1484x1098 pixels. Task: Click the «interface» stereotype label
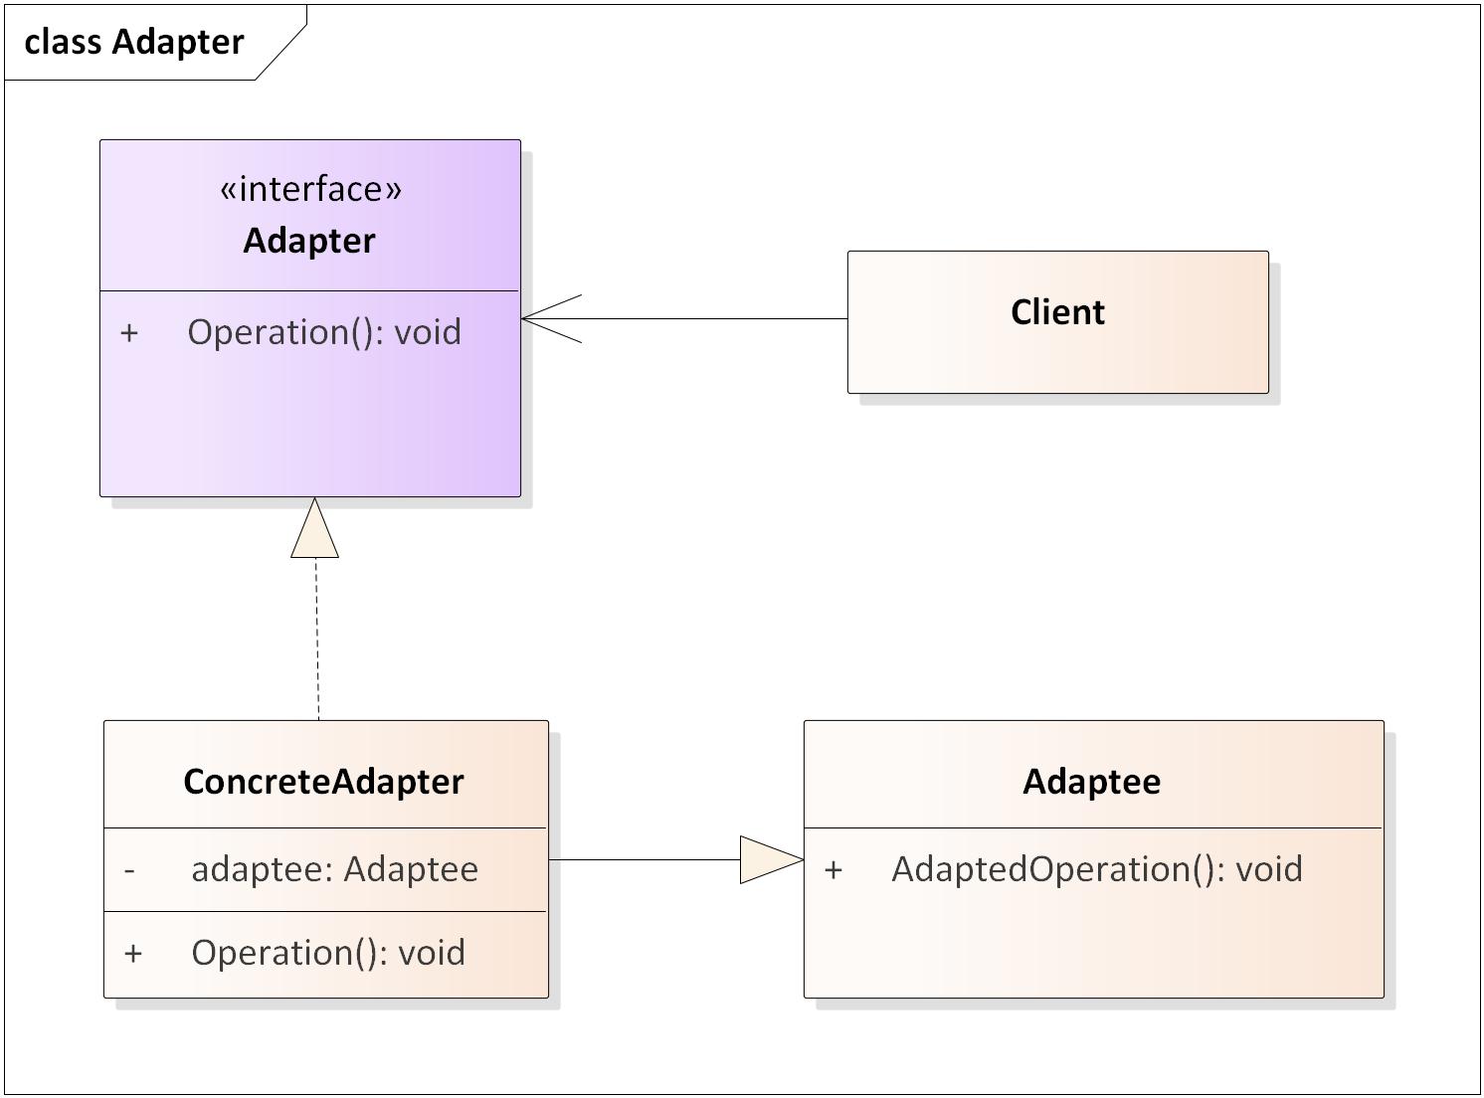[310, 188]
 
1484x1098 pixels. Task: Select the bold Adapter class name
[309, 241]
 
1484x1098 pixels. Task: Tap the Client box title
[1057, 312]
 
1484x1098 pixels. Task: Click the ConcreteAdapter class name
[323, 782]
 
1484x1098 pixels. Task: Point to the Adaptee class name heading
[1091, 782]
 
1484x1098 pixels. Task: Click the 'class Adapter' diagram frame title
[134, 42]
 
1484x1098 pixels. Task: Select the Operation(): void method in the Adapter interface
[324, 332]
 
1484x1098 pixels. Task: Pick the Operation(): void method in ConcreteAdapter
[328, 953]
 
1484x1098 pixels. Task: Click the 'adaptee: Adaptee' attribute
[334, 869]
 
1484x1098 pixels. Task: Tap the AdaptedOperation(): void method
[1096, 869]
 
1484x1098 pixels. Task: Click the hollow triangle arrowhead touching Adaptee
[770, 859]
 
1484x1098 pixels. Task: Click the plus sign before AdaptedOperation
[834, 870]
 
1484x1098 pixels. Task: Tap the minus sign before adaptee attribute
[130, 870]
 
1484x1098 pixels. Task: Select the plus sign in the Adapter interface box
[129, 333]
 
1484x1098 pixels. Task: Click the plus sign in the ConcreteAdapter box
[133, 954]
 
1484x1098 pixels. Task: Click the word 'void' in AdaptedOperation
[1268, 869]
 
